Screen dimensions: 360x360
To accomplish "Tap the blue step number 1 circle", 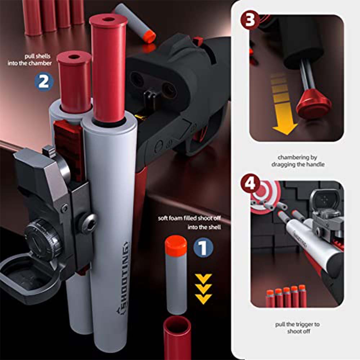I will coord(203,248).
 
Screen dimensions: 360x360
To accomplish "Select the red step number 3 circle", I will coord(250,20).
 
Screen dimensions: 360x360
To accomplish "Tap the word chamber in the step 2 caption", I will coord(40,63).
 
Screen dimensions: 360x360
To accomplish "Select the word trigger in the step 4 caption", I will coord(298,324).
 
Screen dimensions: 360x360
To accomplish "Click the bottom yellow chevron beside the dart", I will coord(203,298).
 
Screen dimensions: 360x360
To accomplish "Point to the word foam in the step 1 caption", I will coord(175,219).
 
